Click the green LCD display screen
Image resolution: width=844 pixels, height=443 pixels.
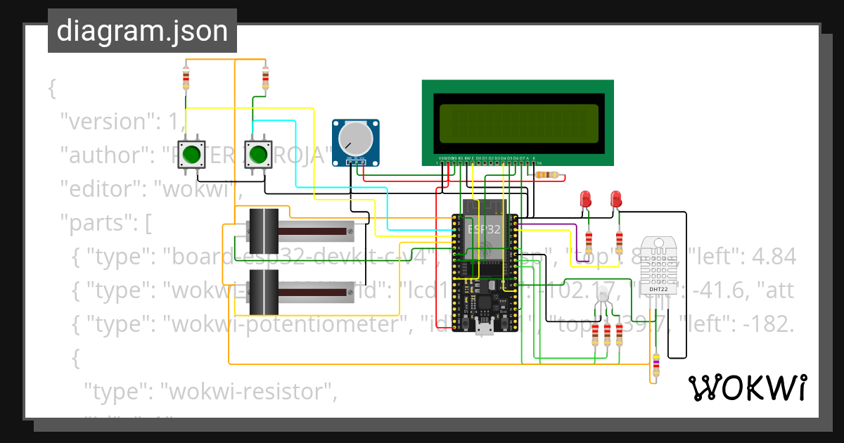click(x=518, y=122)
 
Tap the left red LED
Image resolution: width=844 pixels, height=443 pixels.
click(x=585, y=200)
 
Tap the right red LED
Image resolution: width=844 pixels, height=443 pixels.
click(x=616, y=199)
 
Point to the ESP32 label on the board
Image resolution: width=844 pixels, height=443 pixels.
click(x=484, y=229)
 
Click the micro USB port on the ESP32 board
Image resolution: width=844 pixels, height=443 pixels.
click(x=483, y=328)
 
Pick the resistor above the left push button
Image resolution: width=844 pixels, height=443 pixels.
click(x=186, y=78)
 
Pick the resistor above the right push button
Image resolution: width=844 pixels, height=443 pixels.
click(x=265, y=77)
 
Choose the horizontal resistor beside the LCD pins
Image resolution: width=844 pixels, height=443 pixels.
click(x=546, y=174)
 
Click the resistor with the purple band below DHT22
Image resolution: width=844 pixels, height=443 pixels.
click(x=656, y=366)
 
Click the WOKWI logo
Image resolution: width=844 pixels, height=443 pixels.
click(x=747, y=387)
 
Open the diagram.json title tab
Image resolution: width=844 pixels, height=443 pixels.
click(x=142, y=31)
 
